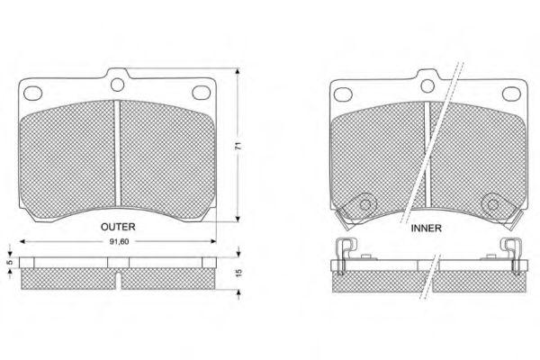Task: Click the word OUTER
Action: tap(118, 227)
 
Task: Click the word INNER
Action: tap(426, 228)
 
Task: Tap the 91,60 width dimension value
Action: tap(119, 242)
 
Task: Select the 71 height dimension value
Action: tap(238, 146)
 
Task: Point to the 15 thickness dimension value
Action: tap(238, 273)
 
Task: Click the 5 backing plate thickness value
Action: tap(10, 263)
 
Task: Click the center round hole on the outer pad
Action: tap(117, 85)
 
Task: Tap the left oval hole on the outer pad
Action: tap(32, 94)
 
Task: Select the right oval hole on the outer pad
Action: tap(201, 93)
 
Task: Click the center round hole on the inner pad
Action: tap(427, 85)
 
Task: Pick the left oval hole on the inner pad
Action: tap(343, 94)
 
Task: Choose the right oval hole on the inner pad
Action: tap(511, 94)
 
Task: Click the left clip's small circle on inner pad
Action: tap(365, 204)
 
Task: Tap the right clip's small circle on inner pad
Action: tap(493, 204)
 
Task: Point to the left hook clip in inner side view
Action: tap(346, 256)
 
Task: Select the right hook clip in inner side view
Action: tap(510, 256)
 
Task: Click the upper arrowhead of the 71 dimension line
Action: tap(237, 71)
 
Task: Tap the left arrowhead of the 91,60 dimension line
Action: tap(22, 241)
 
